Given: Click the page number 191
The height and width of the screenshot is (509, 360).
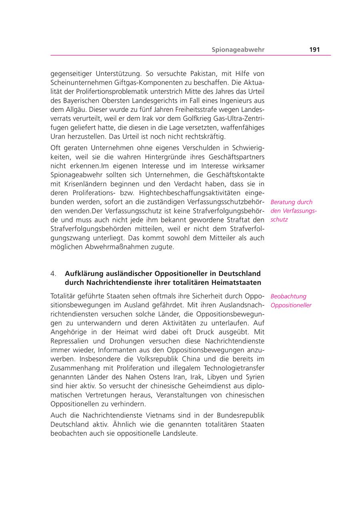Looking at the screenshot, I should (x=314, y=50).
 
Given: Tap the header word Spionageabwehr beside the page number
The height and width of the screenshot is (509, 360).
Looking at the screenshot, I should (x=238, y=50).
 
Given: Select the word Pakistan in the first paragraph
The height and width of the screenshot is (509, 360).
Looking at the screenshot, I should (x=190, y=74).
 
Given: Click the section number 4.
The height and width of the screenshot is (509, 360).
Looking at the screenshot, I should (x=53, y=274).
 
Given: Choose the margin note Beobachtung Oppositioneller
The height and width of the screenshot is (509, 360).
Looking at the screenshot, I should (x=291, y=301).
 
